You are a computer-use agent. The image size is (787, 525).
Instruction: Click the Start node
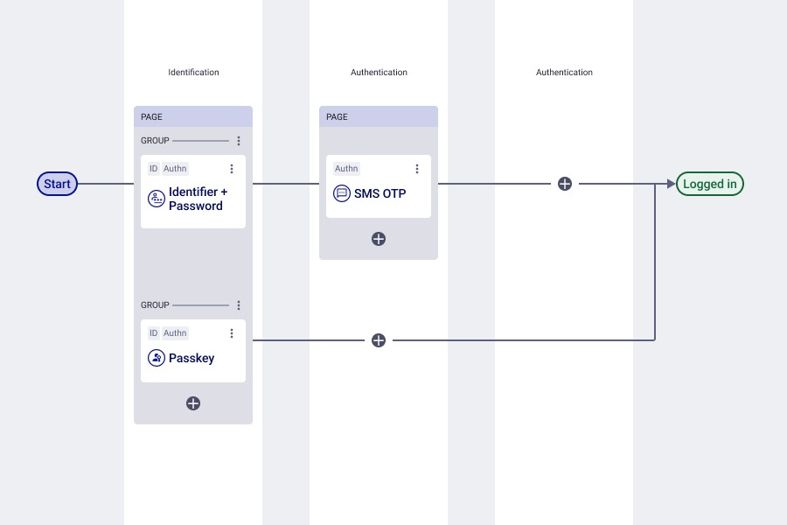click(57, 184)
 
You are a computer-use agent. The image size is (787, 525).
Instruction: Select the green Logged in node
click(710, 184)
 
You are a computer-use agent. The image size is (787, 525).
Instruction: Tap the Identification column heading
click(193, 73)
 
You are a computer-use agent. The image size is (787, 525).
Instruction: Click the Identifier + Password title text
click(198, 199)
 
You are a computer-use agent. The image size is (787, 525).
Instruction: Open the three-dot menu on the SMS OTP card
click(417, 169)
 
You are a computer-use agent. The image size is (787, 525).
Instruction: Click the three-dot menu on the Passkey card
click(232, 333)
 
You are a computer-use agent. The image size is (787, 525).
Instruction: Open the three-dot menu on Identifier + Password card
click(232, 169)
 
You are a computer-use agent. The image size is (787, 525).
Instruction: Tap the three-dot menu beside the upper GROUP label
click(239, 141)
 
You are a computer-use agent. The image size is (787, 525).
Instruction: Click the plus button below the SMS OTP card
click(379, 239)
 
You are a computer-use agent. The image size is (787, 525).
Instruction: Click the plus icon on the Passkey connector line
click(379, 340)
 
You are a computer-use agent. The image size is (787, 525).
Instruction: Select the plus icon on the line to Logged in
click(565, 184)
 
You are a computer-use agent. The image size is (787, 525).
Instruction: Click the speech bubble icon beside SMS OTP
click(342, 193)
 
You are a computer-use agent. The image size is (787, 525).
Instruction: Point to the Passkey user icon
click(157, 358)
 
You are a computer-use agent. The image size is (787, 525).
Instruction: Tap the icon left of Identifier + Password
click(157, 199)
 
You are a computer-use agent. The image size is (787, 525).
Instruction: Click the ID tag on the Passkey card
click(153, 333)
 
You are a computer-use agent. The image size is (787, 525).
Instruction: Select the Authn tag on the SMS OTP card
click(346, 169)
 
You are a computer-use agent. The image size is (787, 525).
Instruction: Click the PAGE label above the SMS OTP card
click(337, 116)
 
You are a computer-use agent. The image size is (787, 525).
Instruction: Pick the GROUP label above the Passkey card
click(155, 305)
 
